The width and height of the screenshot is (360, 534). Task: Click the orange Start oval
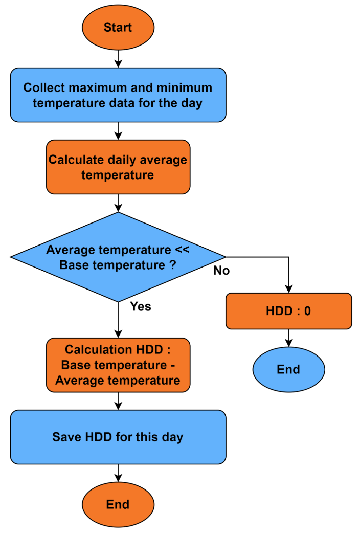(118, 27)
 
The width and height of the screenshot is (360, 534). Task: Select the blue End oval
(288, 369)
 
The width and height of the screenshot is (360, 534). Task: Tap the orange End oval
(118, 504)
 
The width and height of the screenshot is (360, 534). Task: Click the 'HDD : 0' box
(288, 310)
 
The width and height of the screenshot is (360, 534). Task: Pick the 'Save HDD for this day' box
(118, 437)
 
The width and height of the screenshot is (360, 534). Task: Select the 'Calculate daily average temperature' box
(118, 167)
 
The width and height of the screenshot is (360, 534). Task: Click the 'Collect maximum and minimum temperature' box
(118, 95)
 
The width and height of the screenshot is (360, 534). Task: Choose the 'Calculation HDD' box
(118, 365)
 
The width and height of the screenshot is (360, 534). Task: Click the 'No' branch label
(221, 271)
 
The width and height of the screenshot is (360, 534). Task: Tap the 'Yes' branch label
(141, 306)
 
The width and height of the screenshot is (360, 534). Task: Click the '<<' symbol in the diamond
(182, 250)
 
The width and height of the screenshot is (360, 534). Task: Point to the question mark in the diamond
(172, 265)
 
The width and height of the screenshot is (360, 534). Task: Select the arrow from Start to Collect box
(118, 58)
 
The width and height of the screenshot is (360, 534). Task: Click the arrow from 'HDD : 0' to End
(288, 338)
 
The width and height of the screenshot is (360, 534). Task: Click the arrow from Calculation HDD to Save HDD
(118, 401)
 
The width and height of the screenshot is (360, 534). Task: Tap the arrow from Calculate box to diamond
(118, 203)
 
